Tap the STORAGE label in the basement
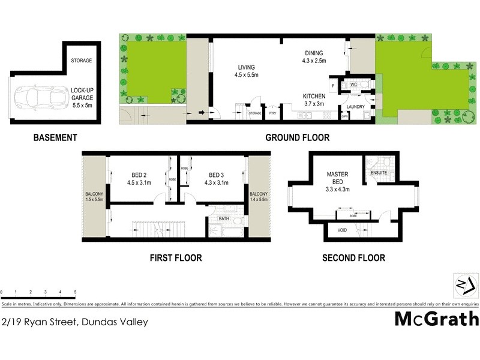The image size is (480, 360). pos(81,61)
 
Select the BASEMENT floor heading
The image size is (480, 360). pos(55,137)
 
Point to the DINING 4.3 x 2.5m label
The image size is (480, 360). pos(314,57)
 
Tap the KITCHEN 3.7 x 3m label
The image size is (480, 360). pos(314,100)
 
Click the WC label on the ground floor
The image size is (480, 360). pos(353,84)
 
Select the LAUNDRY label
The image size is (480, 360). pos(356,107)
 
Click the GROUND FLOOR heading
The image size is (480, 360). pos(298,137)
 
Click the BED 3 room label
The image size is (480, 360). pos(216,179)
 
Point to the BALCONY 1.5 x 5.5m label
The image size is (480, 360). pos(95,197)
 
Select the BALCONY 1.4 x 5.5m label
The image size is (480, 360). pos(259,197)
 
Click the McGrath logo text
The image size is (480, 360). pos(436,319)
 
